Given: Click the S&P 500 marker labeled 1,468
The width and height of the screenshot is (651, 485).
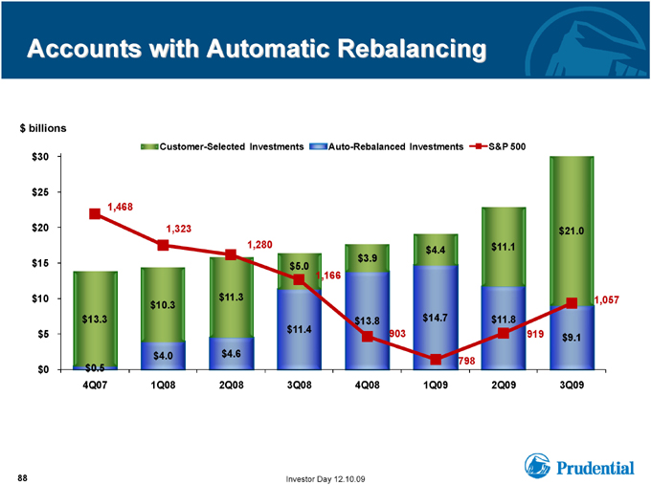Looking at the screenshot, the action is coord(95,213).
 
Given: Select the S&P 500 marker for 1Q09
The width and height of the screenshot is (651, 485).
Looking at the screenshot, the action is coord(436,360).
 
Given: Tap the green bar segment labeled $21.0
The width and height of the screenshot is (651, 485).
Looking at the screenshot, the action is coord(572,231).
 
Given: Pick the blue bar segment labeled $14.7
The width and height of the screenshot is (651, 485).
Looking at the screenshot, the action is coord(436,317).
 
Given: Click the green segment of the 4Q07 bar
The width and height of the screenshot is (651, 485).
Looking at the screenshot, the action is coord(95,320).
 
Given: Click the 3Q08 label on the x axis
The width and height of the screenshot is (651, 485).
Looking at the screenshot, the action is coord(299,385).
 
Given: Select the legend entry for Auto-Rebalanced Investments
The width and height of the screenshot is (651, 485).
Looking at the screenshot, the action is coord(386,146).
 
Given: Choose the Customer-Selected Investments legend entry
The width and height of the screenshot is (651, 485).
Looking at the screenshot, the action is coord(222,146).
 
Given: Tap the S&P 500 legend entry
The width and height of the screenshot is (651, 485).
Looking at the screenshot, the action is coord(498,146).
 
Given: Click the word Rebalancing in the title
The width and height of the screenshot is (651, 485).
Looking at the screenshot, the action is coord(412,49).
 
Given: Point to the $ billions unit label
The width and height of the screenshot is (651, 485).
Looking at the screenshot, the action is coord(43,128).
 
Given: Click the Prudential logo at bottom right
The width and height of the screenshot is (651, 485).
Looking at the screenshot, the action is coord(579,466).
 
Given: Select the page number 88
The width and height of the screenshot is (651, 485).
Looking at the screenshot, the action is coord(22,478).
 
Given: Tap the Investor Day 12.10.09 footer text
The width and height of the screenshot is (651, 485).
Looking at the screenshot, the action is coord(325,479).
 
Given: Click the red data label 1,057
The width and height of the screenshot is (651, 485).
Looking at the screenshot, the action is coord(607,300).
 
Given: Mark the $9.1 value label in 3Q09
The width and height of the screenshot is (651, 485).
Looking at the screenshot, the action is coord(572,338).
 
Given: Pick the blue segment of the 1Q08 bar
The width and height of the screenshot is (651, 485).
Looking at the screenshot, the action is coord(163,356).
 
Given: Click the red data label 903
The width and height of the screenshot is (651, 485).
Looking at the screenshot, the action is coord(397,334).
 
